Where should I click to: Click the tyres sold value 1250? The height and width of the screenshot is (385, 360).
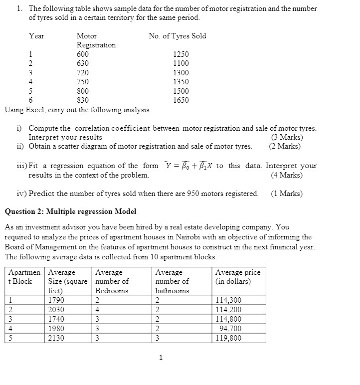180,54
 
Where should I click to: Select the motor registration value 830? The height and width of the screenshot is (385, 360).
83,100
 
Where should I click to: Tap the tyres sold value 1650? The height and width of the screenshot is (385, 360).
180,100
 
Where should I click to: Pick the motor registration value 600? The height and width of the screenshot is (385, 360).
83,54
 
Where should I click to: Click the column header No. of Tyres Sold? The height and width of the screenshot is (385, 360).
177,36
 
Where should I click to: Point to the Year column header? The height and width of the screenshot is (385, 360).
36,36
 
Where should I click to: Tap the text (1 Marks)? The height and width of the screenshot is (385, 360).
287,193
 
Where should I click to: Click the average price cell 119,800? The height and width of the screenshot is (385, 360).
229,338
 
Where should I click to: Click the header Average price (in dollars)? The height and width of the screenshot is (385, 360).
238,277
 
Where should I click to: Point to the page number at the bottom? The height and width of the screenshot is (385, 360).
161,357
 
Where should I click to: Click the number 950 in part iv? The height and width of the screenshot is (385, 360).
193,193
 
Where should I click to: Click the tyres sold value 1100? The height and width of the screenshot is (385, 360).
180,63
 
